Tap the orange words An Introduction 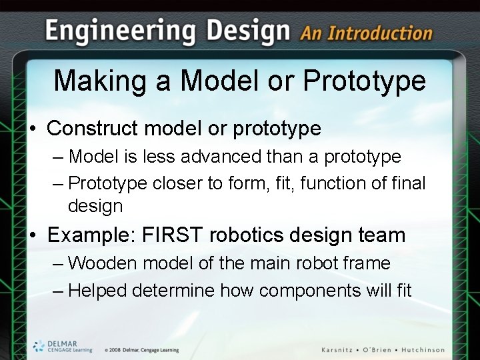366,33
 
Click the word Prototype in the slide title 364,81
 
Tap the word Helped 98,291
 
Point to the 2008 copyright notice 141,350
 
